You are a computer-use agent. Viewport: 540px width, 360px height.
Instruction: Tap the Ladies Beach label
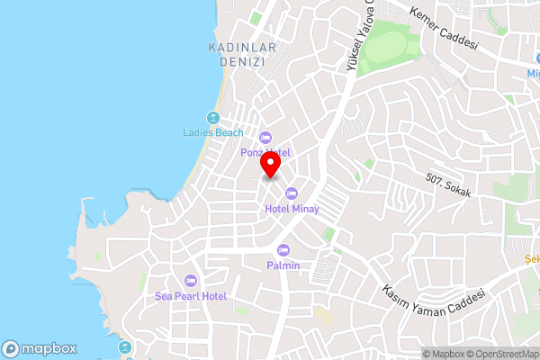coord(212,133)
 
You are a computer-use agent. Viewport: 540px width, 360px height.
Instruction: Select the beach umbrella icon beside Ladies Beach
coord(212,118)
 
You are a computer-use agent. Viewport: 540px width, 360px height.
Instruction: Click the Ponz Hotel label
coord(265,152)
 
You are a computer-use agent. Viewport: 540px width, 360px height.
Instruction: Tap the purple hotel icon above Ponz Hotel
coord(265,138)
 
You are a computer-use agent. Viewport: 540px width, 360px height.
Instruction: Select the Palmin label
coord(283,265)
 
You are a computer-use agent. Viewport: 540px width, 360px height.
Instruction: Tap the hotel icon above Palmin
coord(283,249)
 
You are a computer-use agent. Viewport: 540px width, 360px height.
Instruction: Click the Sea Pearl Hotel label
coord(190,295)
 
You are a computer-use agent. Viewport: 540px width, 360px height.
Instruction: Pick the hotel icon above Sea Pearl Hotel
coord(190,280)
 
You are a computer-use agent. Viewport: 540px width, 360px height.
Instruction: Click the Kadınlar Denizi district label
coord(240,54)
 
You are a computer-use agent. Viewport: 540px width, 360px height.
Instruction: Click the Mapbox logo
coord(39,348)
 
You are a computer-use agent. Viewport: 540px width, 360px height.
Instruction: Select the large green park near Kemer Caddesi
coord(393,44)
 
